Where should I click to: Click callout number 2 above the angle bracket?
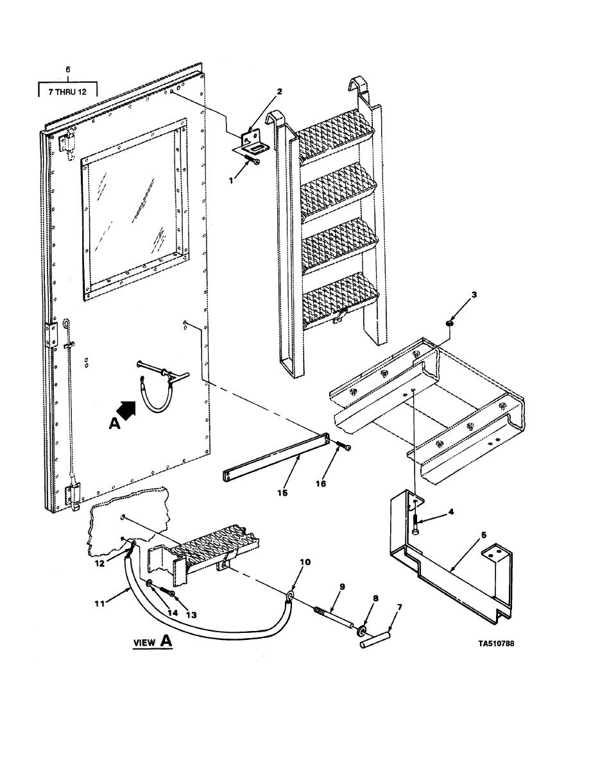click(x=280, y=91)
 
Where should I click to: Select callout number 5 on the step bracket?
click(x=484, y=535)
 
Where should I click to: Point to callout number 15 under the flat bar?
click(x=282, y=492)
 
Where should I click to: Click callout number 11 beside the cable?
click(x=99, y=603)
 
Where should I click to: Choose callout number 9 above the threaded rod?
click(x=342, y=587)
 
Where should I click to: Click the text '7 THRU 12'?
click(x=67, y=92)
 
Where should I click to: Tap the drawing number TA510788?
click(x=496, y=643)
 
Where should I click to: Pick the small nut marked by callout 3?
click(x=449, y=323)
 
